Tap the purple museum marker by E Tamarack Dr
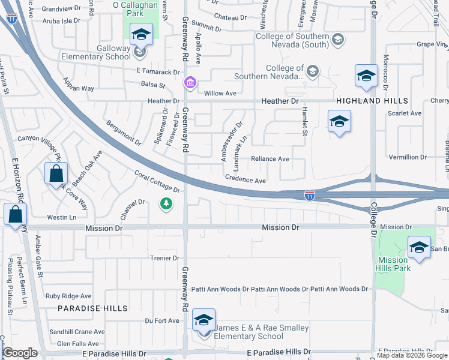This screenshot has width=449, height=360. point(190,82)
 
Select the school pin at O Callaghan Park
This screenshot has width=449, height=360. point(141,35)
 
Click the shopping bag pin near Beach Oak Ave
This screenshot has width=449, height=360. point(55,174)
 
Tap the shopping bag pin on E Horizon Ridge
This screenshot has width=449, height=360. point(14,215)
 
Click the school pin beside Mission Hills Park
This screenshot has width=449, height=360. point(419,247)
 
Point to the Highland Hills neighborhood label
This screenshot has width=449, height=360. point(372,101)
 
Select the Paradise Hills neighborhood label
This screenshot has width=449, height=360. point(92,308)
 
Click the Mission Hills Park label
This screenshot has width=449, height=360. point(393,264)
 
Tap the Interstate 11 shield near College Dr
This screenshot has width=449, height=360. point(309,196)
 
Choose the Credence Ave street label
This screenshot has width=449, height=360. point(246,180)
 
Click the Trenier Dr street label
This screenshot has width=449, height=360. point(164,258)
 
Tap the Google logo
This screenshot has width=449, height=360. point(20,353)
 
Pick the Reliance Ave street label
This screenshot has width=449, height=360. point(270,159)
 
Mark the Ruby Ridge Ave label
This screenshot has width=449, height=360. point(68,296)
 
